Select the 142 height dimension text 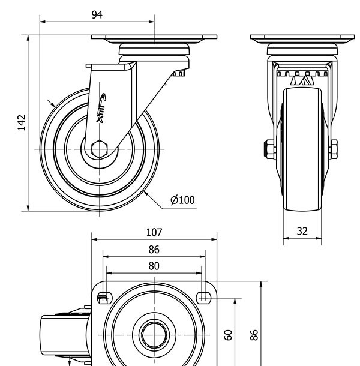click(21, 122)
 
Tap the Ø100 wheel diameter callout click(183, 200)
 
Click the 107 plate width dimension click(154, 232)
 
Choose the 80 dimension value click(154, 266)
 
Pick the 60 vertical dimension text click(228, 335)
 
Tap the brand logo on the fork click(101, 108)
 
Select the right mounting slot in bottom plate click(204, 295)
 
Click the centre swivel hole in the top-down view click(154, 334)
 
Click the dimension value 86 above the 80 click(154, 250)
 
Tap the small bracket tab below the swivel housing click(179, 73)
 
